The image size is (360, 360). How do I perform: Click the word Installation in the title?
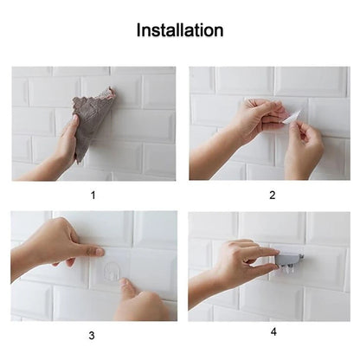click(x=180, y=31)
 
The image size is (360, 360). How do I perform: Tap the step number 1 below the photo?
click(x=93, y=195)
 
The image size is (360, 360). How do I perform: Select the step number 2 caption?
click(x=272, y=195)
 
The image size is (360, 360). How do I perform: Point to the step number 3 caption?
click(x=93, y=334)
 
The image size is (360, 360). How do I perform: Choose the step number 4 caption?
click(x=273, y=331)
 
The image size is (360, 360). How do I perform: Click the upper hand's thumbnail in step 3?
click(x=98, y=252)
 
